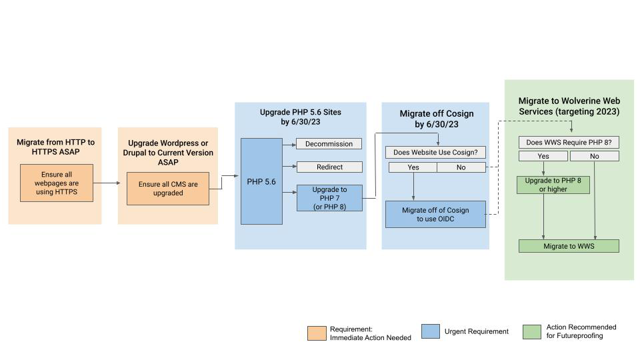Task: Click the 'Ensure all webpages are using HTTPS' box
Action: tap(57, 183)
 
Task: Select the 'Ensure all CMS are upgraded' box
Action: tap(168, 189)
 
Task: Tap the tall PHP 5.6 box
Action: tap(261, 181)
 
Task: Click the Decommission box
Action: tap(329, 144)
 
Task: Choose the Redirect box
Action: tap(329, 167)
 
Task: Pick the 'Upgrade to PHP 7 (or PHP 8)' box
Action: tap(329, 198)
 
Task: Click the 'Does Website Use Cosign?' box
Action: tap(435, 152)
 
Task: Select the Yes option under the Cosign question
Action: tap(413, 167)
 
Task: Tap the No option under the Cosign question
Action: tap(461, 167)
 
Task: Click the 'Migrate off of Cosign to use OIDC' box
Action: tap(435, 214)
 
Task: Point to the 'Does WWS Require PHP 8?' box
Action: tap(569, 142)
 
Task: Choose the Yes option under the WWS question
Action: tap(543, 156)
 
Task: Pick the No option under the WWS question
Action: tap(595, 156)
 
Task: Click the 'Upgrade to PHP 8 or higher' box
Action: tap(553, 185)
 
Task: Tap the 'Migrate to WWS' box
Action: tap(569, 246)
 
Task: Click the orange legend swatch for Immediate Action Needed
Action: tap(317, 333)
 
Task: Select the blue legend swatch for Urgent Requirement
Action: tap(431, 331)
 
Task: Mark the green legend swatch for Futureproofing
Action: tap(532, 332)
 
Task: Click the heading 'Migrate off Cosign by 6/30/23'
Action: tap(437, 119)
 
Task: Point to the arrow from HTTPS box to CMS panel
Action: tap(107, 183)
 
